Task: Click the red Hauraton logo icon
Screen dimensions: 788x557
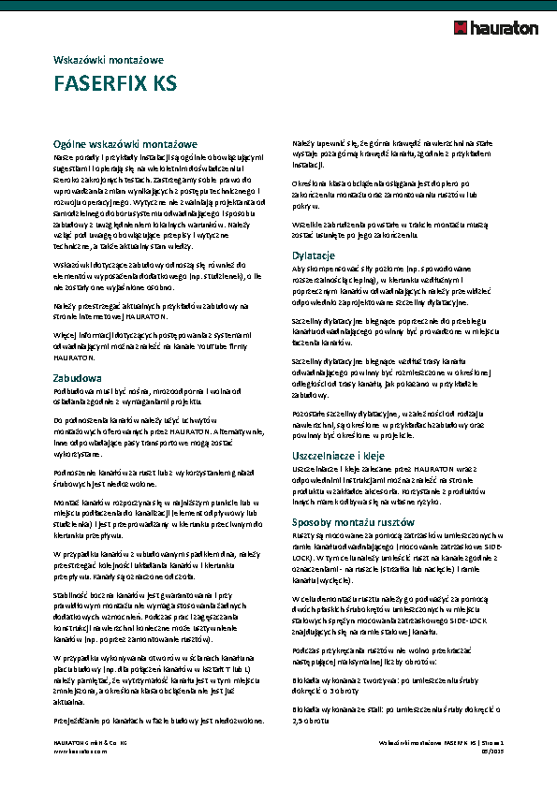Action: tap(462, 28)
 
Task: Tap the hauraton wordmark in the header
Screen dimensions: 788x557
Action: tap(506, 29)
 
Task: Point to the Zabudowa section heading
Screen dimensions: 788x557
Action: tap(78, 377)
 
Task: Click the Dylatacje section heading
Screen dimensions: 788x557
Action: tap(315, 255)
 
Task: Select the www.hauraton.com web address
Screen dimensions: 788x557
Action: tap(81, 750)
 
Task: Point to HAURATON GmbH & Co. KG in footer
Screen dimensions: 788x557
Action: tap(90, 741)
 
